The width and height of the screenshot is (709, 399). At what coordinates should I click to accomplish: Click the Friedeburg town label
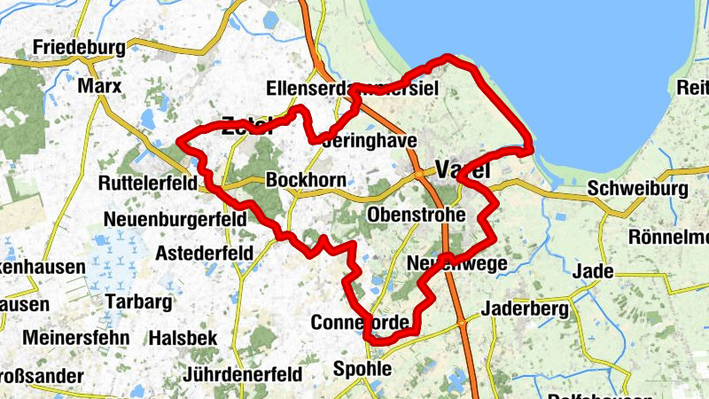click(76, 47)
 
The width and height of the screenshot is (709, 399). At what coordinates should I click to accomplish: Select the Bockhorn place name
click(305, 180)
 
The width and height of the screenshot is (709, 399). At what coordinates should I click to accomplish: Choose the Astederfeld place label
click(204, 254)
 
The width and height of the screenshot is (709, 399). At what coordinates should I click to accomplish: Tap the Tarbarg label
click(138, 301)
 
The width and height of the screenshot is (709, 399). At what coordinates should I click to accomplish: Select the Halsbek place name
click(182, 338)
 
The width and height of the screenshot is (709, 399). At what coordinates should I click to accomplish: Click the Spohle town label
click(361, 368)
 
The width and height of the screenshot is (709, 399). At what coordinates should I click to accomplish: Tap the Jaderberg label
click(523, 309)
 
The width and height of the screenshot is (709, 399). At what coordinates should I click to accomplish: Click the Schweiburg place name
click(637, 190)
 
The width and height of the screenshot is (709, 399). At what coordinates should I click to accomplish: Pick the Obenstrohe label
click(416, 215)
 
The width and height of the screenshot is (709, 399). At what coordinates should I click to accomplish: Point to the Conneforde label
click(359, 322)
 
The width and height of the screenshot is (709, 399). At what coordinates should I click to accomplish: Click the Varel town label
click(464, 170)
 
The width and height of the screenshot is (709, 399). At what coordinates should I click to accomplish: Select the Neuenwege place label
click(456, 263)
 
